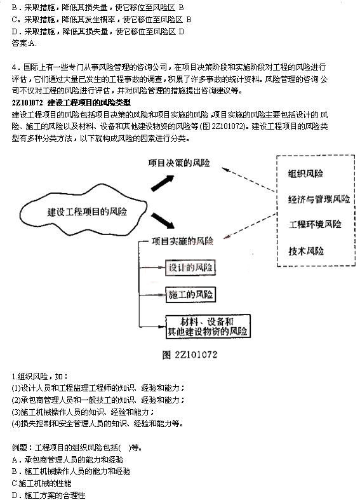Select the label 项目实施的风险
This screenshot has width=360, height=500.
click(x=182, y=241)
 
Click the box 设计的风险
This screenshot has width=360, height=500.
click(x=189, y=267)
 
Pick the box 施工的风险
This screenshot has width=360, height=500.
click(x=189, y=295)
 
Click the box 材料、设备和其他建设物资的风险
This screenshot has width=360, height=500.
click(x=207, y=326)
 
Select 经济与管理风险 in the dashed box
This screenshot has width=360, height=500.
click(x=318, y=199)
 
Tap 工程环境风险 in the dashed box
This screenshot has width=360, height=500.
click(x=315, y=224)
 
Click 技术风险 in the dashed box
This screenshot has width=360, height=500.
click(x=306, y=250)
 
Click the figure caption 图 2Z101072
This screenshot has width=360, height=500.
click(x=189, y=355)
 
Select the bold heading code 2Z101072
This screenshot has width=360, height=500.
click(x=27, y=102)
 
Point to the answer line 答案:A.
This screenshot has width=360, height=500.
click(x=24, y=44)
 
